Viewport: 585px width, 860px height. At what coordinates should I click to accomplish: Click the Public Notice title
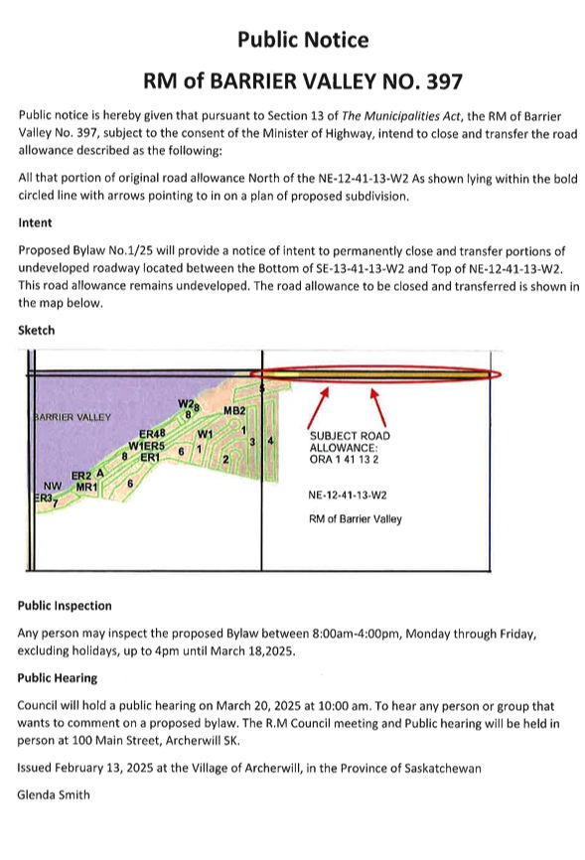tap(303, 40)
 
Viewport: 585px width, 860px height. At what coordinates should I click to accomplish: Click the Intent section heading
tap(35, 222)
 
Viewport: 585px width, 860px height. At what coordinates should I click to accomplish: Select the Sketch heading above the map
tap(36, 330)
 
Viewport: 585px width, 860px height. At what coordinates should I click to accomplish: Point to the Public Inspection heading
tap(65, 606)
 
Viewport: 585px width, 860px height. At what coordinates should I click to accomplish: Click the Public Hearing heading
tap(57, 678)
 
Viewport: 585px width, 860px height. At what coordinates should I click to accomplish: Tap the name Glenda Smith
tap(54, 794)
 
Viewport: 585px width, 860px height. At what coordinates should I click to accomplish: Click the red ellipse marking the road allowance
tap(375, 367)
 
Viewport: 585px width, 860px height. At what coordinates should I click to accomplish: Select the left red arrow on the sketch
tap(318, 408)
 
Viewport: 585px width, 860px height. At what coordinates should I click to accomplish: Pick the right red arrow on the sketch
tap(378, 408)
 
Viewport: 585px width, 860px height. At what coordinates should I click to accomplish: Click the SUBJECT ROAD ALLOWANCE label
tap(350, 442)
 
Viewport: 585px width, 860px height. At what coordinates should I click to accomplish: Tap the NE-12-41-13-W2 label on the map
tap(348, 496)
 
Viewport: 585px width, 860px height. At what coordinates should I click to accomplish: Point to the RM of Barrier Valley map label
tap(355, 518)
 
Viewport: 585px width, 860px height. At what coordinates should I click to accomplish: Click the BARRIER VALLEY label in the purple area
tap(73, 417)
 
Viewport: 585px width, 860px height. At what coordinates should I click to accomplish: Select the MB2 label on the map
tap(234, 411)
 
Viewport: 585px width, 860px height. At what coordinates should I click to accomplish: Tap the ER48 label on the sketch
tap(152, 434)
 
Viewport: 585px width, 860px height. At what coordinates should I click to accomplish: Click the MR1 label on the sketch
tap(86, 487)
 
